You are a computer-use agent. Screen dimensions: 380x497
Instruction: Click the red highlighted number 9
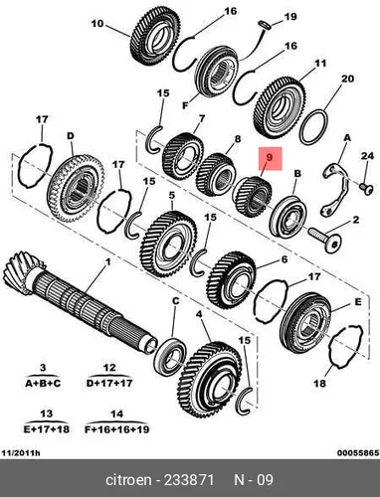coord(270,158)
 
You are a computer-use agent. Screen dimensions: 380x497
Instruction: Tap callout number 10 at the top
coord(97,24)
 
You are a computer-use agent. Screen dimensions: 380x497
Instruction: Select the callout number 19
coord(290,17)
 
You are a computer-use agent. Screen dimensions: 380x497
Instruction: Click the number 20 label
coord(347,79)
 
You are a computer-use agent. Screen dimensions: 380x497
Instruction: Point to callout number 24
coord(367,156)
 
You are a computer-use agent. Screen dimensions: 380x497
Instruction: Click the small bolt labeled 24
coord(366,187)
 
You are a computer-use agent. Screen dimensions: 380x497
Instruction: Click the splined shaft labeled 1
coord(80,303)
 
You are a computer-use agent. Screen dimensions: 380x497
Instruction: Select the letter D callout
coord(71,136)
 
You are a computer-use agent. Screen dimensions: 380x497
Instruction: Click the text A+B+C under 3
coord(43,384)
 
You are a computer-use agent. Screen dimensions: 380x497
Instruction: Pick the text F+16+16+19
coord(117,429)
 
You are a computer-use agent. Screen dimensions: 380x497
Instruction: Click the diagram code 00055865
coord(358,452)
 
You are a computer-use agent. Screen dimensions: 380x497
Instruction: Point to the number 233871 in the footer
coord(189,480)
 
